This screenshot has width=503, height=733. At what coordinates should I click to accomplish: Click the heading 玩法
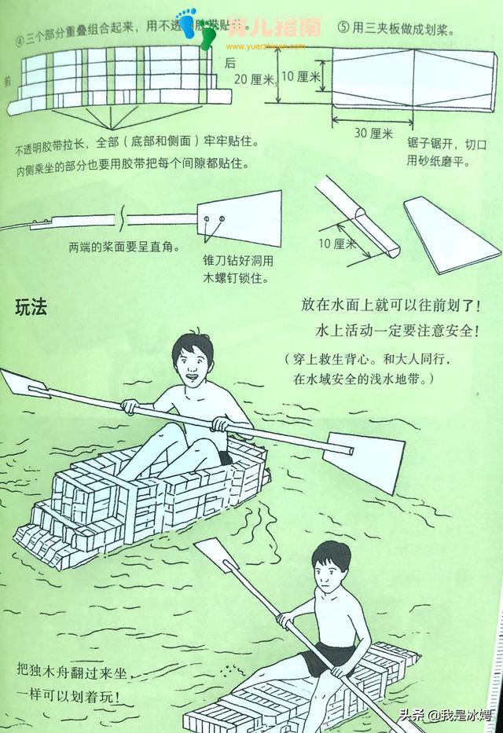31,308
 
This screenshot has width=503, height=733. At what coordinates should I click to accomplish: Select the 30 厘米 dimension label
373,134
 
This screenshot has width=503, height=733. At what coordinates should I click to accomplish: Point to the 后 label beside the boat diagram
230,62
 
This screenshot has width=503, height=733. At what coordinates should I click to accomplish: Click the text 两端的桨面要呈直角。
123,246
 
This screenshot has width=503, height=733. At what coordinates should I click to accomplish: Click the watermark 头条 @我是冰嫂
444,715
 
